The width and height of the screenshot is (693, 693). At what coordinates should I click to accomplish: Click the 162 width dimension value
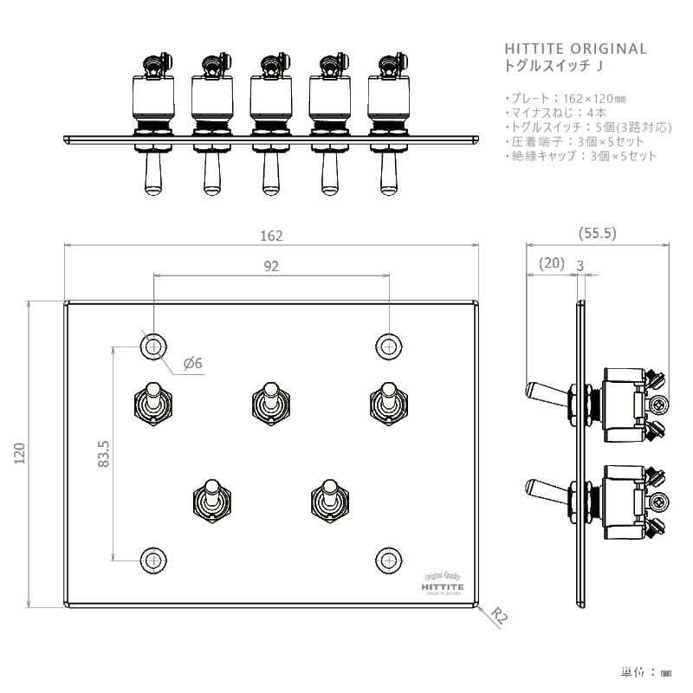(271, 235)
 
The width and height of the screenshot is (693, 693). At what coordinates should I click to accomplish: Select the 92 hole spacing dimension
(271, 267)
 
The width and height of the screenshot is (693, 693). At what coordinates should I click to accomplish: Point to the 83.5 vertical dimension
(104, 454)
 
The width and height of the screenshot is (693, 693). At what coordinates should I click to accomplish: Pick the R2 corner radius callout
(498, 617)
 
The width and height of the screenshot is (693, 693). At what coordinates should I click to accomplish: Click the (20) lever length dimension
(550, 262)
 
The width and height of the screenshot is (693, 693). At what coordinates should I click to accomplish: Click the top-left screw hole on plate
(154, 346)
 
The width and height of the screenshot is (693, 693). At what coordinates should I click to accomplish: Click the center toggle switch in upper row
(269, 404)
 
